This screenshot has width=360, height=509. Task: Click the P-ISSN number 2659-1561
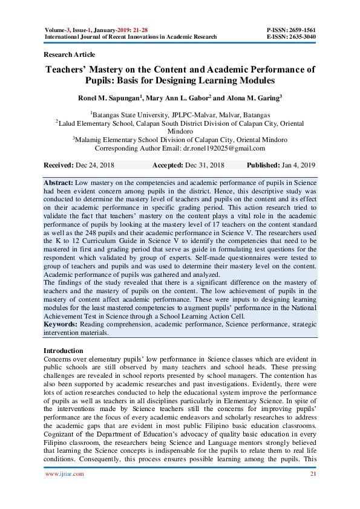302,30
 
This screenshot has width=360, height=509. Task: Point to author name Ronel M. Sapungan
109,98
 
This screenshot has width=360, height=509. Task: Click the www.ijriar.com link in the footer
65,474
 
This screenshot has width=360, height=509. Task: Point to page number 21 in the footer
312,474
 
